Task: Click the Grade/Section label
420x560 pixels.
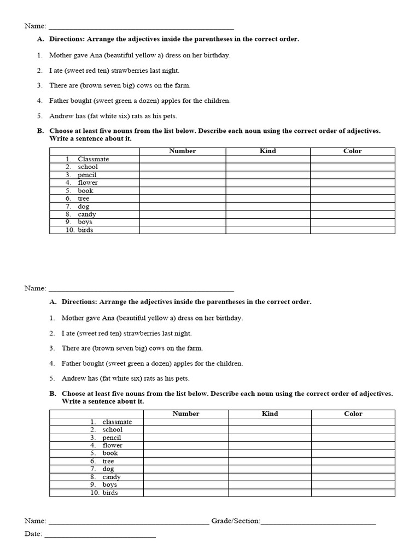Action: tap(236, 521)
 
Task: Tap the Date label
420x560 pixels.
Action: tap(33, 534)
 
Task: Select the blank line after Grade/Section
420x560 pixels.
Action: tap(319, 523)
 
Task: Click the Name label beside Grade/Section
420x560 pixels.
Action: tap(35, 521)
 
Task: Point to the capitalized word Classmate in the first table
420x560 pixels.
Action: tap(93, 159)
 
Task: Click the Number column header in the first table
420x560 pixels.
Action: tap(183, 151)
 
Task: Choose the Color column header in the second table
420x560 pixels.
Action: tap(353, 414)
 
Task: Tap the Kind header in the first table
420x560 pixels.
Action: tap(268, 151)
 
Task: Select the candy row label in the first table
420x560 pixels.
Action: tap(86, 214)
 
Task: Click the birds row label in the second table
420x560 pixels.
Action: tap(110, 493)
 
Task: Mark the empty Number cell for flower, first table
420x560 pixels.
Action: tap(183, 183)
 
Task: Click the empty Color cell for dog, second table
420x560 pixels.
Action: tap(353, 469)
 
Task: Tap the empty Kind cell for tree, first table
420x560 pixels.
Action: tap(268, 199)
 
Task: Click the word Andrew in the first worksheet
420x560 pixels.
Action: tap(61, 116)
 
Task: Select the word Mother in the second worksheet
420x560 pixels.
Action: tap(73, 318)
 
